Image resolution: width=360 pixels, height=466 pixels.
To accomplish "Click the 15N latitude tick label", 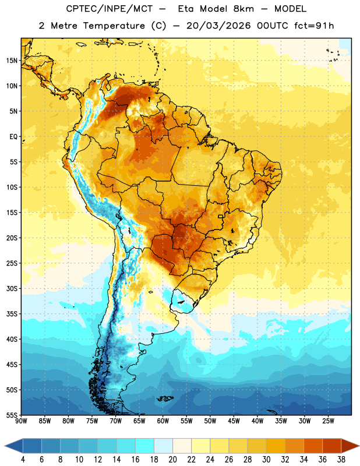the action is point(12,61).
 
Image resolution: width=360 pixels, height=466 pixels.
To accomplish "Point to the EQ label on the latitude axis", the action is point(13,137).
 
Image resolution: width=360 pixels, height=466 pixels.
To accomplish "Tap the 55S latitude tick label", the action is point(12,415).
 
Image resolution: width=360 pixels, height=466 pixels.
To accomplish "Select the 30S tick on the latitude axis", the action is point(12,288).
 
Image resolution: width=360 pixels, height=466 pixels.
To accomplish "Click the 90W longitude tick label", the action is point(21,421).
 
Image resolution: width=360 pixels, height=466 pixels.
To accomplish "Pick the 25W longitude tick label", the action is point(328,421).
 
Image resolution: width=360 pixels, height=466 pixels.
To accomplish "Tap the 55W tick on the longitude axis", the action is point(186,421).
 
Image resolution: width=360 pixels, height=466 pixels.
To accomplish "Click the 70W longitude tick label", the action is point(116,421).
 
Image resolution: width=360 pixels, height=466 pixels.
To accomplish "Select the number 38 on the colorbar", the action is point(341,460).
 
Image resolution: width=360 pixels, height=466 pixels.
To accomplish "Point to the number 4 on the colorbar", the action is point(23,460).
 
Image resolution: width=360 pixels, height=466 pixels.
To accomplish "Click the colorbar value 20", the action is point(172,460).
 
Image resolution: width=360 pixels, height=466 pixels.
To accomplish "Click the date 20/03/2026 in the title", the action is point(219,26).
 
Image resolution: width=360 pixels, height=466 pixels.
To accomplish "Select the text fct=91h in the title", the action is point(314,26).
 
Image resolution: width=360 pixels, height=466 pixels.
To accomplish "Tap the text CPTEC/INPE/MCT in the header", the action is point(110,9).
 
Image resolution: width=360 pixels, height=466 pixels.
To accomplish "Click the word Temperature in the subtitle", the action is point(114,26).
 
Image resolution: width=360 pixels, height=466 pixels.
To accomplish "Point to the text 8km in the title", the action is point(243,9).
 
